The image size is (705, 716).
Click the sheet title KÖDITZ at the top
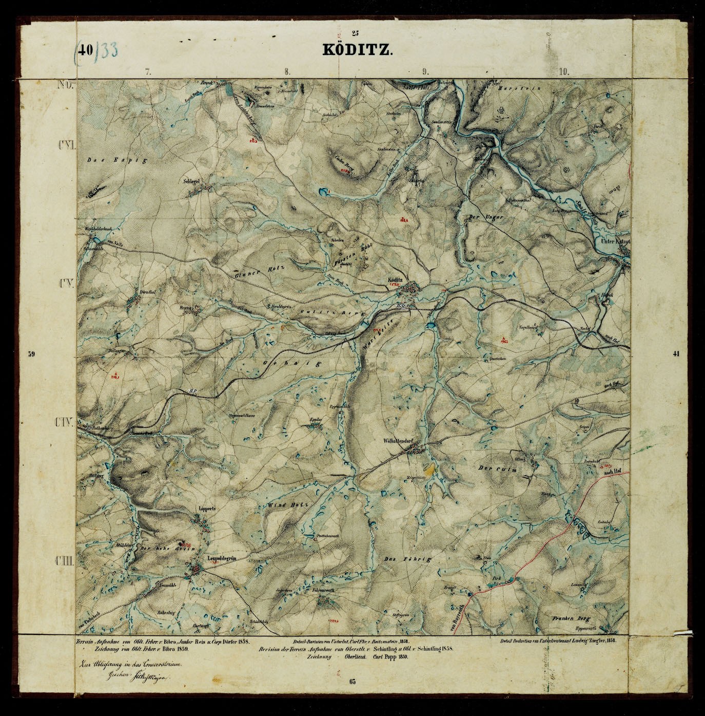click(x=358, y=50)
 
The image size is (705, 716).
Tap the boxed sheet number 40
click(x=86, y=50)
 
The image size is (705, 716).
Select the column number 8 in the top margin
click(x=287, y=72)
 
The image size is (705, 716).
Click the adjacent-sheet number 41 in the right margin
click(x=675, y=354)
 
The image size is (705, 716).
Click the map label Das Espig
click(x=116, y=160)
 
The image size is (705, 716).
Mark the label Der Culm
click(x=497, y=469)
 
